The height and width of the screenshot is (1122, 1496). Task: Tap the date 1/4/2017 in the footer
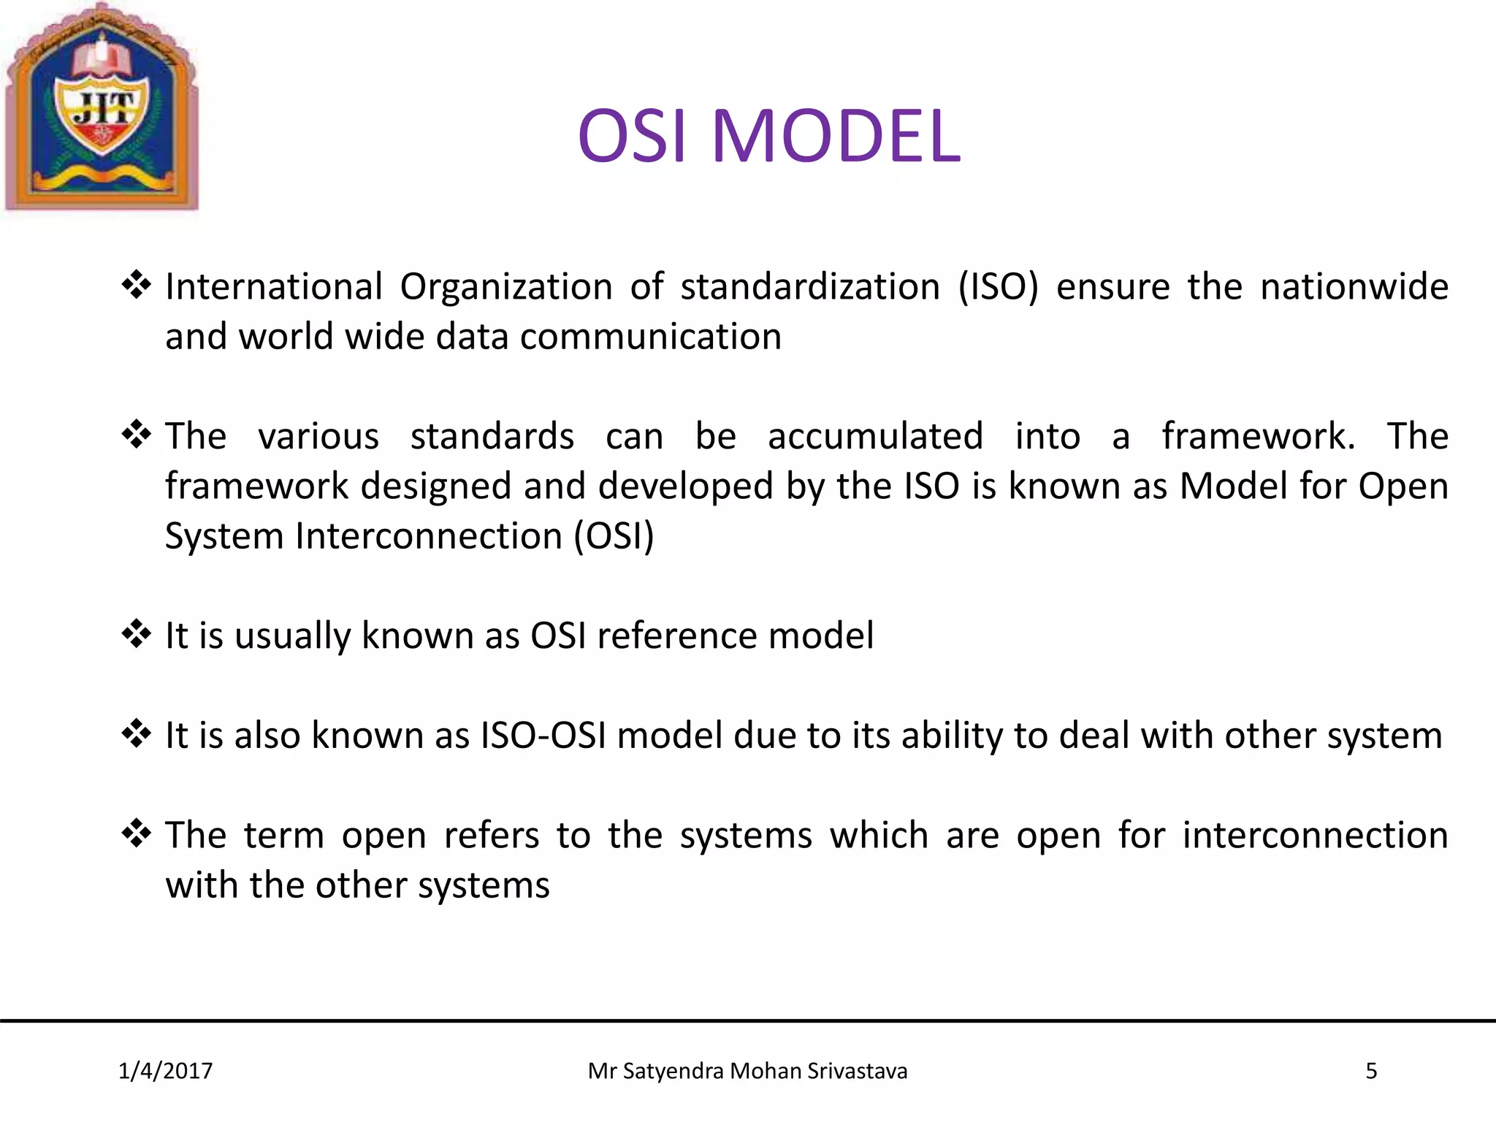165,1071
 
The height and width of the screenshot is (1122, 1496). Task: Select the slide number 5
1371,1071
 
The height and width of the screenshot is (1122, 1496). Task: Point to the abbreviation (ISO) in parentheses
998,286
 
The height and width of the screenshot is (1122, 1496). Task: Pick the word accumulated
875,436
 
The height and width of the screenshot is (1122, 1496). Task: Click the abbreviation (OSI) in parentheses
614,536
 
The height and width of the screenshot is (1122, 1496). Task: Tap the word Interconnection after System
428,536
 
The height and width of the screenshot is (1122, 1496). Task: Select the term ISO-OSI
543,735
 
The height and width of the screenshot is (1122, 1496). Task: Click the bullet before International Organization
136,284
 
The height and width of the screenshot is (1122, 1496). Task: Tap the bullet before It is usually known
136,633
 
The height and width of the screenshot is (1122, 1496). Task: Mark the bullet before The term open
136,833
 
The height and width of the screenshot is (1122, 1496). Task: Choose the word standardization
810,286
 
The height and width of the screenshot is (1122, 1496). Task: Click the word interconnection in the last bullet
1315,835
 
